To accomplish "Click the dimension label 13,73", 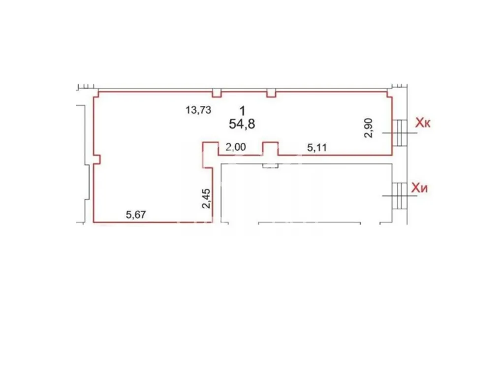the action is (198, 110).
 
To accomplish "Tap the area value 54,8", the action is (242, 124).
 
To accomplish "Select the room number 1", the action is (242, 111).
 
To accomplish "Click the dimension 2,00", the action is (236, 147).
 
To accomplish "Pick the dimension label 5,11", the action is (317, 148).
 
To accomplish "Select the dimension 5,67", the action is (136, 215).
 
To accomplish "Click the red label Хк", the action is (423, 123).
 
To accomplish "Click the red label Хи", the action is (420, 188).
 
